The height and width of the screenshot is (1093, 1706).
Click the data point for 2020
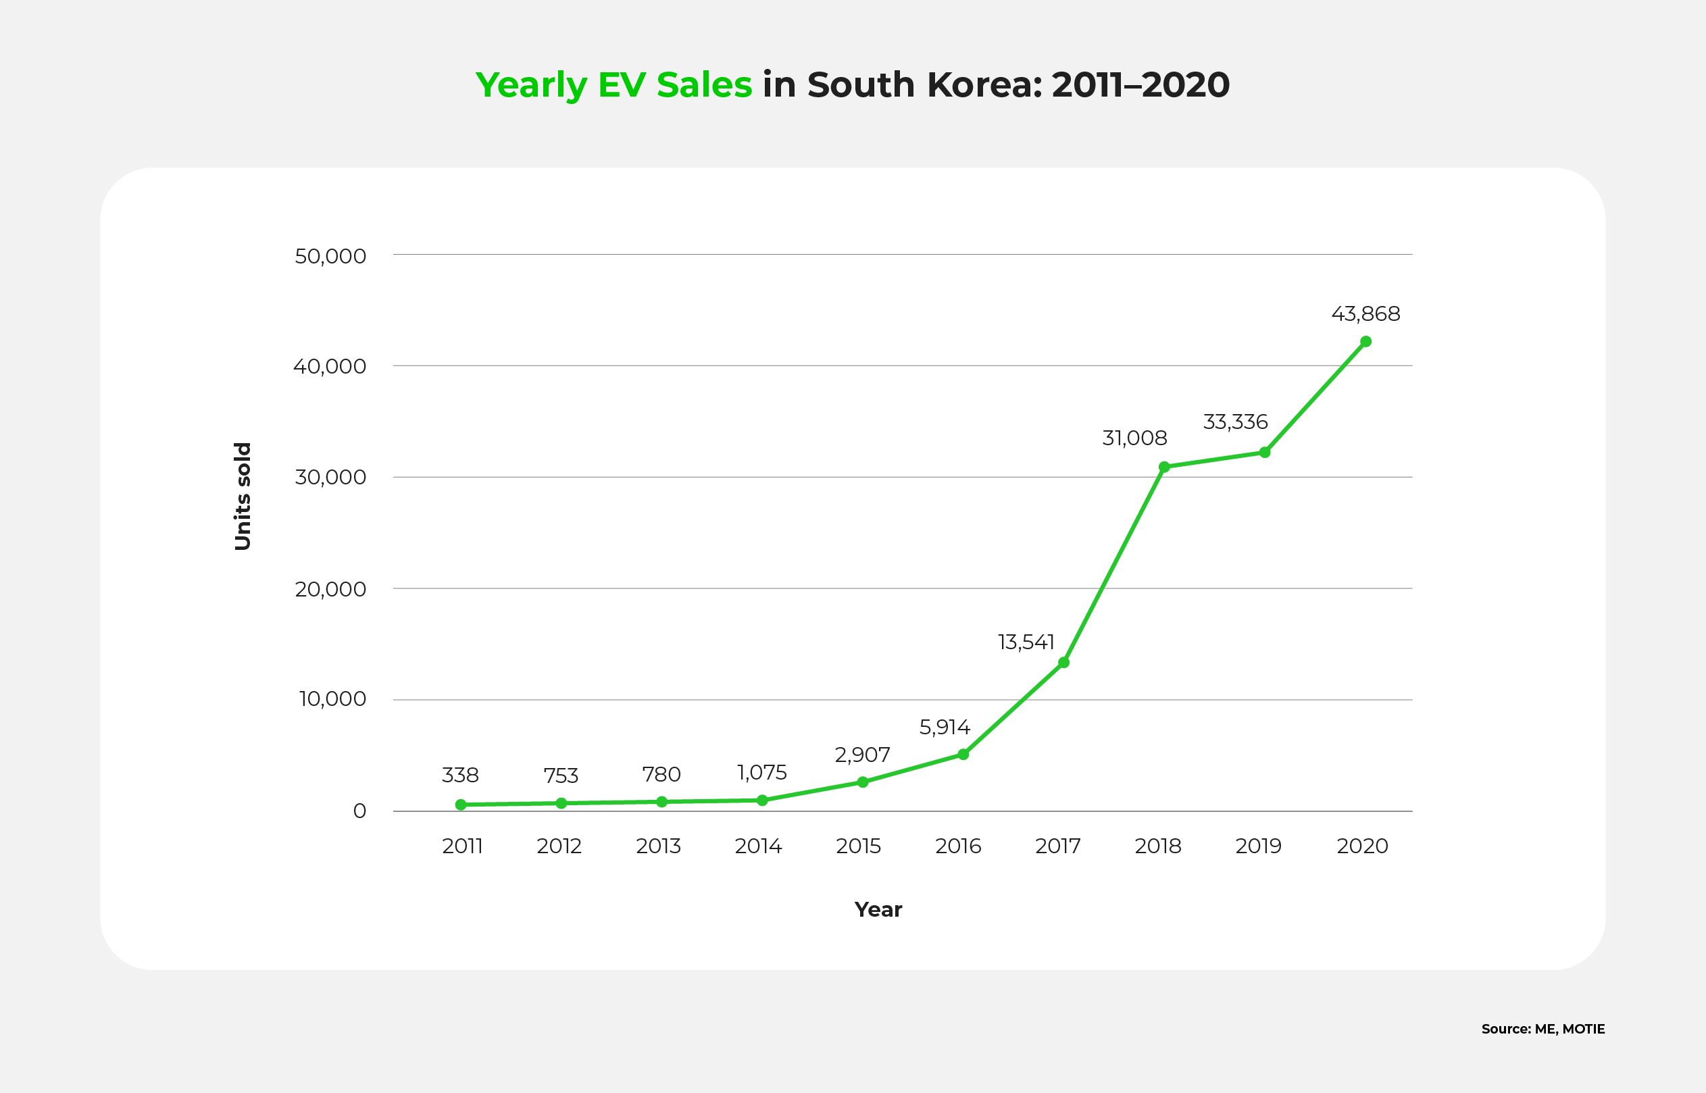pos(1365,341)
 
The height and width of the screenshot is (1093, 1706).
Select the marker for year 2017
pos(1063,662)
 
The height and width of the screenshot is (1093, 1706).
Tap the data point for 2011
pos(461,804)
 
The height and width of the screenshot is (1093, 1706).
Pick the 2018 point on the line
pos(1164,466)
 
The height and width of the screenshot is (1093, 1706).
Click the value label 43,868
pos(1365,313)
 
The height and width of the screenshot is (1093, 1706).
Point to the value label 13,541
pos(1026,642)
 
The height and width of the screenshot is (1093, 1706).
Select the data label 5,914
pos(945,727)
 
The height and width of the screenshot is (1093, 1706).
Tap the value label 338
pos(460,775)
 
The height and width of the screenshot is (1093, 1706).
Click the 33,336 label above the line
pos(1235,422)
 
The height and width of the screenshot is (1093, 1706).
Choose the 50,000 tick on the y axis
pos(330,255)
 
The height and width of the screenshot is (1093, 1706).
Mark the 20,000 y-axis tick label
pos(330,589)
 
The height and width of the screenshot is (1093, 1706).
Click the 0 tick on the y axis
pos(359,811)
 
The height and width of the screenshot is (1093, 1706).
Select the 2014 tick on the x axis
pos(758,846)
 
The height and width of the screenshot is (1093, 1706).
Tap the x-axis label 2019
pos(1258,846)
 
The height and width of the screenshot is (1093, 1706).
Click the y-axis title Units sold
pos(243,496)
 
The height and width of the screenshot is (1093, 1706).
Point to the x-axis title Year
pos(878,909)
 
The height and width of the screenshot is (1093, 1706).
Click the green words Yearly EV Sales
pos(613,85)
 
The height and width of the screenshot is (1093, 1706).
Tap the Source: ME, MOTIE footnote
pos(1542,1029)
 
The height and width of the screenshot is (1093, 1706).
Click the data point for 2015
pos(863,782)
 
